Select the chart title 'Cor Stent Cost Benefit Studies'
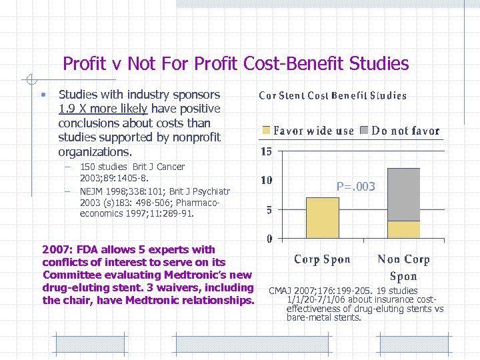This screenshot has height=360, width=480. tap(333, 95)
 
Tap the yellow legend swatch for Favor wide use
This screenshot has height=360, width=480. tap(267, 131)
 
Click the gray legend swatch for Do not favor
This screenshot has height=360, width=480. tap(365, 131)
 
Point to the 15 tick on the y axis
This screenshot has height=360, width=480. tap(265, 152)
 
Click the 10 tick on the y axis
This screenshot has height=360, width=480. tap(265, 181)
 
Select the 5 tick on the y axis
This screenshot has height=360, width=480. tap(268, 210)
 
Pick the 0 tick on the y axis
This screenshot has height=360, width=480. tap(268, 239)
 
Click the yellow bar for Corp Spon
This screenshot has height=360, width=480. tap(322, 217)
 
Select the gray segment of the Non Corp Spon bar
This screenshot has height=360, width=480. tap(403, 194)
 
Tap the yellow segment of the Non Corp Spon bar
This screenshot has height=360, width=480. tap(403, 229)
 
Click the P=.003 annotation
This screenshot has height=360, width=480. tap(355, 187)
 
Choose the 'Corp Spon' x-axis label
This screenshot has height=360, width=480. tap(322, 259)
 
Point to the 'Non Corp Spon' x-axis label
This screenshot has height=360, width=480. tap(403, 267)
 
